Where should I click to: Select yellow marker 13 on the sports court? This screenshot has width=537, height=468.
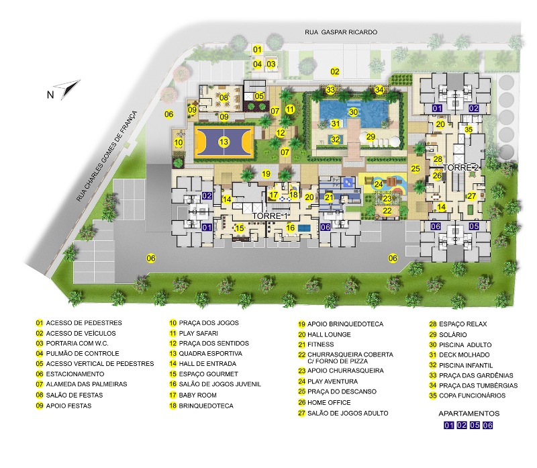(x=224, y=142)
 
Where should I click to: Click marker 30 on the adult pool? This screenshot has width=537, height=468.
(x=353, y=112)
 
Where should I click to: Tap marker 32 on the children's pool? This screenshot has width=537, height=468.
(x=335, y=140)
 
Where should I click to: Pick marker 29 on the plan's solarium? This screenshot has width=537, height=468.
(x=371, y=137)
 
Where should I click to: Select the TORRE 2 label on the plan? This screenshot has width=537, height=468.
(x=461, y=167)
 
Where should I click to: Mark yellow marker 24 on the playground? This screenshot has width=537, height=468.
(x=379, y=184)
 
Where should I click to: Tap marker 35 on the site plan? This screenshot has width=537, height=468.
(x=469, y=130)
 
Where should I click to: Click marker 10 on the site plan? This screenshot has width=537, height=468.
(x=179, y=142)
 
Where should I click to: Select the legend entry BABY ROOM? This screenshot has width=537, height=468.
(x=199, y=395)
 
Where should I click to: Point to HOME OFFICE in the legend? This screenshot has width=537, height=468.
(x=334, y=403)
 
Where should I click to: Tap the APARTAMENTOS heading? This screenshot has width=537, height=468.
(x=469, y=413)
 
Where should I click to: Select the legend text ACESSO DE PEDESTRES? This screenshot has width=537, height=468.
(x=84, y=323)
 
